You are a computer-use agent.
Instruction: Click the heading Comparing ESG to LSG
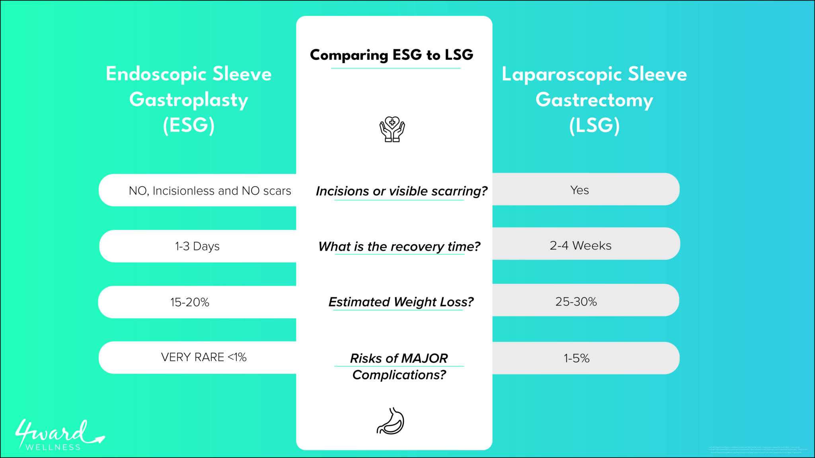click(392, 55)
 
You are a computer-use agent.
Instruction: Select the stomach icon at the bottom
click(390, 421)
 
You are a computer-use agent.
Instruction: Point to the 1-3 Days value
click(197, 246)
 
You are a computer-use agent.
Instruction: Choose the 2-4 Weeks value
click(580, 246)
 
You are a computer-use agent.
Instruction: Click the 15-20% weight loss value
click(190, 302)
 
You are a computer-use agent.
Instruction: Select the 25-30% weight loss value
click(576, 302)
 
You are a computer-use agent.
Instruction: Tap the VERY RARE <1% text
click(204, 357)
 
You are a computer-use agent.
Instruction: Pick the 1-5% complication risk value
click(576, 359)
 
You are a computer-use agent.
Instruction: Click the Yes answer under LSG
click(579, 190)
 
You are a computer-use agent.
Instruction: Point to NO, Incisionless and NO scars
click(210, 191)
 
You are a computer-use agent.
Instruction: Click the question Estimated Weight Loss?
click(401, 302)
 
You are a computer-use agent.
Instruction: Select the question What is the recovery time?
click(399, 247)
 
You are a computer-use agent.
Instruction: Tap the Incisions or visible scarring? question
click(401, 191)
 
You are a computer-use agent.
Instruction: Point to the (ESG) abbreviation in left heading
click(189, 125)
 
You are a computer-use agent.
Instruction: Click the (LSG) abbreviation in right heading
click(594, 125)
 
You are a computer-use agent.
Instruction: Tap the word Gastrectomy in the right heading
click(594, 100)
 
